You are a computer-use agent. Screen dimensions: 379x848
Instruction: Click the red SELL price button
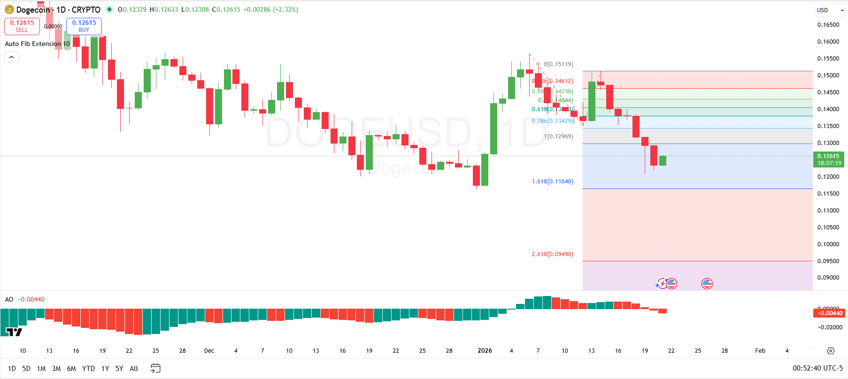(22, 26)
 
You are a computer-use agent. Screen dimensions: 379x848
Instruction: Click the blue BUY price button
(84, 26)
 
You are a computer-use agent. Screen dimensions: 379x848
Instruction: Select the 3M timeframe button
(56, 369)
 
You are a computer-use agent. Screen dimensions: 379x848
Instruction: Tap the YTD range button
(88, 369)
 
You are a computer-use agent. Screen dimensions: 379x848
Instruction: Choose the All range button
(134, 369)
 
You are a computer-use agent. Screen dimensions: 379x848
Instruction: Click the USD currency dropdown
(830, 10)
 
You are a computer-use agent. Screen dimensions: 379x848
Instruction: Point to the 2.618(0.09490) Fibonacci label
(552, 254)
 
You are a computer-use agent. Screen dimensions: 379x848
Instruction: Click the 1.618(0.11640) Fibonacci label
(552, 182)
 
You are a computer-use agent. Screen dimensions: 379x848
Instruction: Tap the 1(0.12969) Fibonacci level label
(558, 136)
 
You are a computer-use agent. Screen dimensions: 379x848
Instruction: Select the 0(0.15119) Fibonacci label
(558, 64)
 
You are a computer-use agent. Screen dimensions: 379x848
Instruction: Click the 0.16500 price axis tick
(828, 25)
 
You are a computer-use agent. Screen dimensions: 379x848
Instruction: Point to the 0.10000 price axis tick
(828, 244)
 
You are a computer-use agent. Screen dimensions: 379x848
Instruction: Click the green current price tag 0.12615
(829, 159)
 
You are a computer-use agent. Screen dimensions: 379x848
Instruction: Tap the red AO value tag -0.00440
(829, 313)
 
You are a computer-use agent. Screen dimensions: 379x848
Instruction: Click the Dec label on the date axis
(209, 351)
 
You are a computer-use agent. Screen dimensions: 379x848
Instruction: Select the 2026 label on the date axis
(485, 351)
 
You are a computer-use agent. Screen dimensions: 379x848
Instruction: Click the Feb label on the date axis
(760, 351)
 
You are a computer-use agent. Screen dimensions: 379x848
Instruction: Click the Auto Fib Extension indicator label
(37, 44)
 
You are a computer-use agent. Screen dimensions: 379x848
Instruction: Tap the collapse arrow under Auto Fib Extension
(12, 57)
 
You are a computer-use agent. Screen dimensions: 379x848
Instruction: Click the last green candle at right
(663, 161)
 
